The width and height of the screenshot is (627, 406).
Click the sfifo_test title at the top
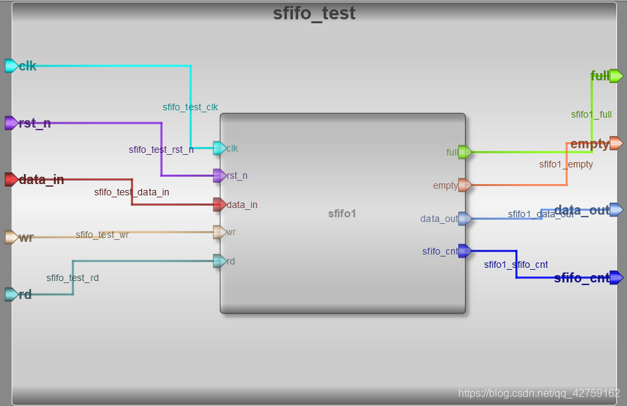(x=314, y=13)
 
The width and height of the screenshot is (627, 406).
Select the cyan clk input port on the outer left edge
(x=11, y=65)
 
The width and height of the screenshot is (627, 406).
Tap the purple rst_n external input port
(x=11, y=123)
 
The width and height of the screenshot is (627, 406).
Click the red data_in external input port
(x=11, y=179)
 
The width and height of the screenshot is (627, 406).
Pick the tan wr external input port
(x=11, y=237)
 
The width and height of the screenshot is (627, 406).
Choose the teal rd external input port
(x=11, y=294)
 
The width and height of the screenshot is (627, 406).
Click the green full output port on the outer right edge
(x=616, y=76)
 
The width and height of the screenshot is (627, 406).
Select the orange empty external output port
(x=616, y=144)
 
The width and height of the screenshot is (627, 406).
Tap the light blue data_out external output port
(x=616, y=210)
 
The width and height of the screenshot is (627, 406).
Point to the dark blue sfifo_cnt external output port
(x=616, y=277)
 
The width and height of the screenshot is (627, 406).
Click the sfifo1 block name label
(x=342, y=213)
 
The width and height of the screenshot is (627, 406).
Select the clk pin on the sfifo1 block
(x=219, y=148)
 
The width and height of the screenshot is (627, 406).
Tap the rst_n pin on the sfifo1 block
(x=219, y=176)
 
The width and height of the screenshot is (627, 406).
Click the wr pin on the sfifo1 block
(x=219, y=232)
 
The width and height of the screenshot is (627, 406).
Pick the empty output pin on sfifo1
(x=465, y=185)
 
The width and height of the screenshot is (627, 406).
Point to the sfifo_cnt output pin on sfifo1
(x=465, y=251)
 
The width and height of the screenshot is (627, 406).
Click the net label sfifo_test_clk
(x=190, y=107)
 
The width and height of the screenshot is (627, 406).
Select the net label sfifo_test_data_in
(x=132, y=192)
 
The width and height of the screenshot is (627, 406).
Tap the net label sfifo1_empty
(x=566, y=164)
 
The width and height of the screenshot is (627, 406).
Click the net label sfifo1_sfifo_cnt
(x=516, y=264)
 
